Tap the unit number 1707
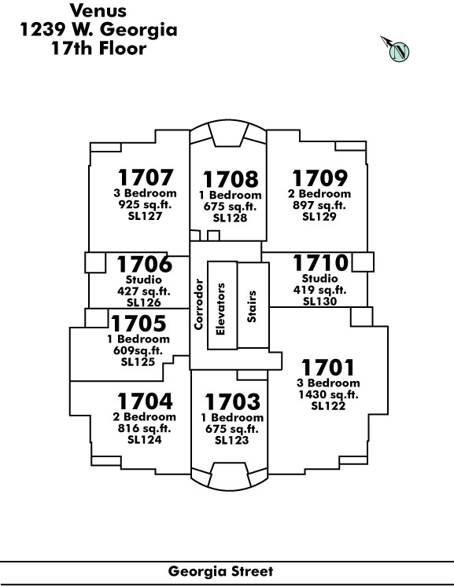(x=146, y=178)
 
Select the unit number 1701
(x=327, y=368)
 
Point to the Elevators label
(x=220, y=309)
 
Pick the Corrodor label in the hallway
(x=198, y=304)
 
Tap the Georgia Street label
(x=221, y=571)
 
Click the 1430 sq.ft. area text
(x=328, y=394)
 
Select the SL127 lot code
(x=145, y=216)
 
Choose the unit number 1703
(x=232, y=401)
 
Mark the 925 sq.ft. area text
(x=145, y=204)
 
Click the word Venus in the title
(x=98, y=10)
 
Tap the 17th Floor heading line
(x=99, y=49)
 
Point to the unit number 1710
(x=320, y=262)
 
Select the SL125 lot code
(x=138, y=362)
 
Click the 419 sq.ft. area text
(x=319, y=290)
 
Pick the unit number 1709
(x=319, y=178)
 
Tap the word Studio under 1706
(x=144, y=280)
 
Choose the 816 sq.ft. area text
(x=145, y=428)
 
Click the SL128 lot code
(x=231, y=218)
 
